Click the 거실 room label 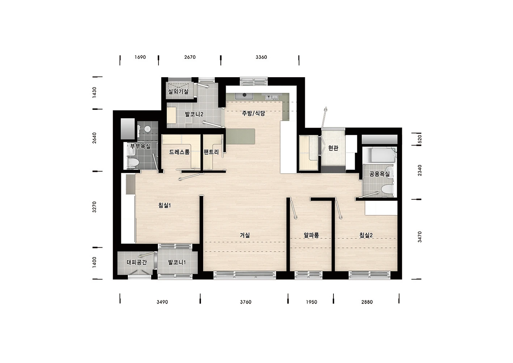click(245, 235)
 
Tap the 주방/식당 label click(253, 113)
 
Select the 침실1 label click(165, 205)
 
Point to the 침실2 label click(366, 235)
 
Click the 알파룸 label click(311, 235)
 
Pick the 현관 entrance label click(333, 148)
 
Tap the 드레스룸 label click(179, 152)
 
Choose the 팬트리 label click(211, 152)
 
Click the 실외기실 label click(178, 91)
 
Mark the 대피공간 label click(137, 262)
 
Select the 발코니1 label click(177, 262)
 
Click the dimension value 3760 click(245, 302)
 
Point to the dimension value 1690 click(140, 57)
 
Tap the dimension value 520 click(420, 139)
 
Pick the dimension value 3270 click(94, 207)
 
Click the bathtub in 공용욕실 click(379, 155)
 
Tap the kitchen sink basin click(244, 96)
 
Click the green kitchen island click(240, 136)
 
